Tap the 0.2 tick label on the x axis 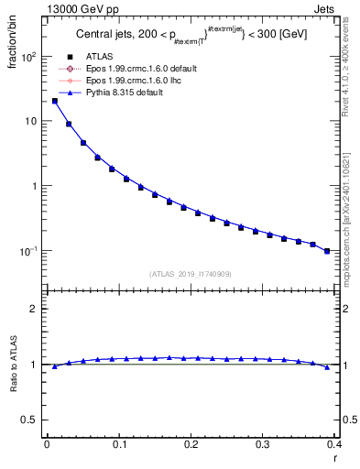(x=191, y=443)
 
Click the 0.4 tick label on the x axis (x=334, y=443)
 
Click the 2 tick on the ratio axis (x=32, y=309)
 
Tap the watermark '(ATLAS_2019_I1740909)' (x=191, y=274)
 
